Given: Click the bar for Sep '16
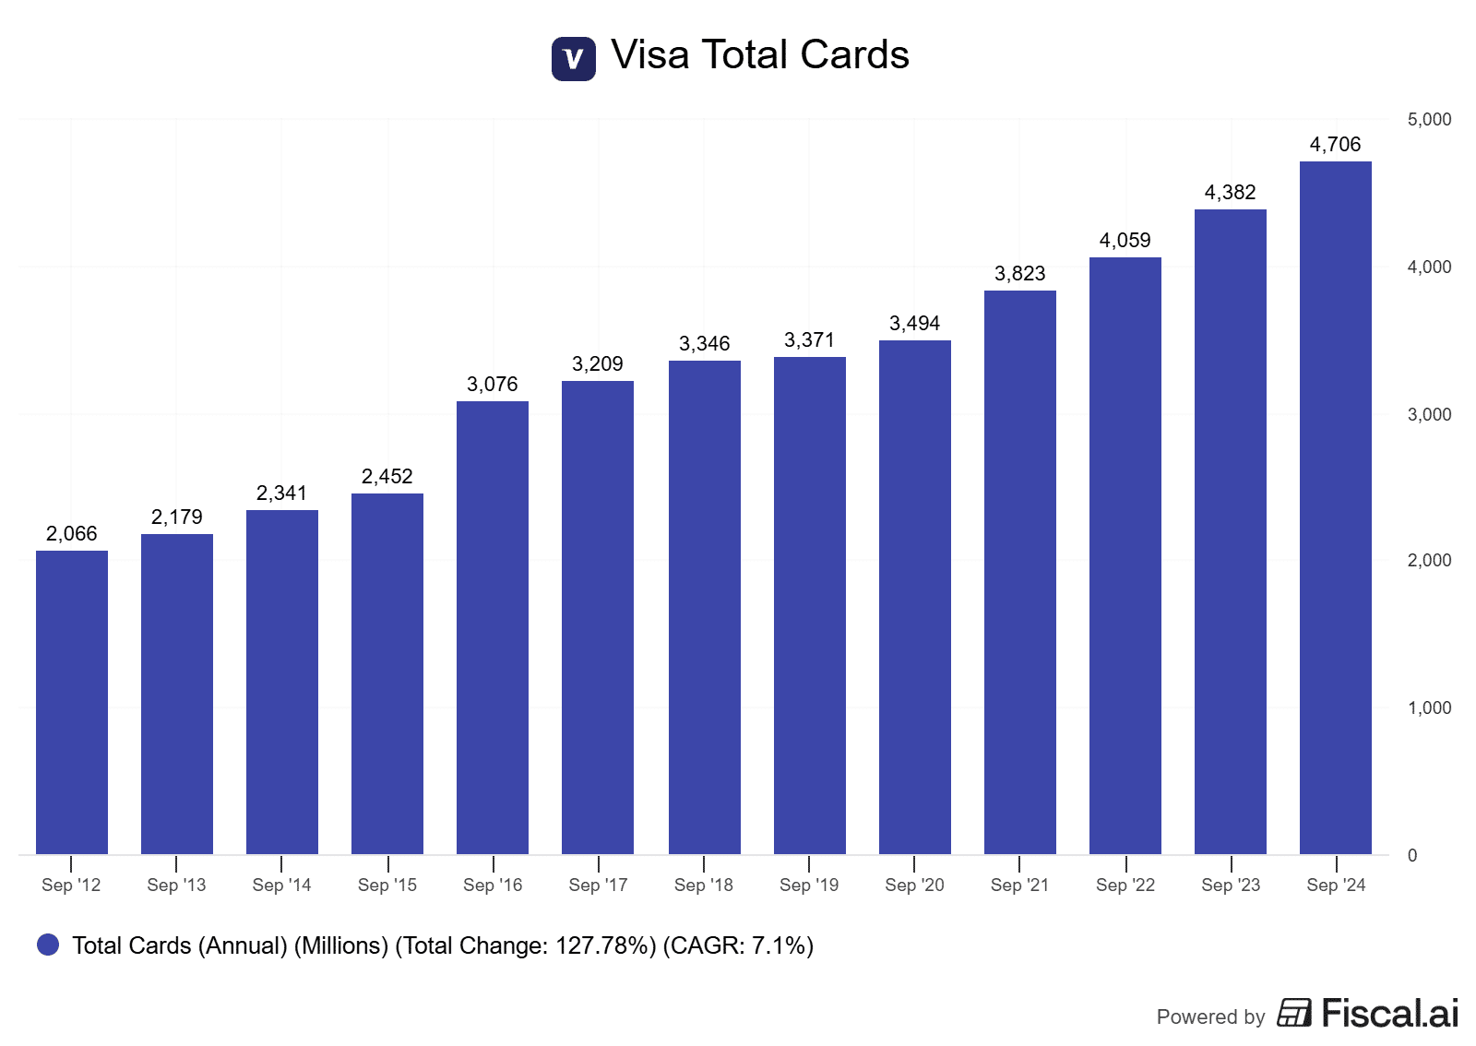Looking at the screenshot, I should pyautogui.click(x=493, y=627).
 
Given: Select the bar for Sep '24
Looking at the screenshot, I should pyautogui.click(x=1335, y=507).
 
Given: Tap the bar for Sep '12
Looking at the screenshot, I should pyautogui.click(x=72, y=702).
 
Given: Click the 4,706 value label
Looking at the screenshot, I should pyautogui.click(x=1335, y=144).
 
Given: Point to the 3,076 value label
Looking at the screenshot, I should pyautogui.click(x=493, y=384).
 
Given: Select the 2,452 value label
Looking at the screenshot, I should pyautogui.click(x=387, y=476).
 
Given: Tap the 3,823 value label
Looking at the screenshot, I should pyautogui.click(x=1019, y=273).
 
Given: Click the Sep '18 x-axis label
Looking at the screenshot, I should pyautogui.click(x=703, y=885).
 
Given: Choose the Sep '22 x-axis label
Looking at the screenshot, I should pyautogui.click(x=1125, y=885).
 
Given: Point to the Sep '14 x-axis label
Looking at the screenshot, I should pyautogui.click(x=281, y=885).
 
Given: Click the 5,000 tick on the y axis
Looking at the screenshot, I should pyautogui.click(x=1429, y=119).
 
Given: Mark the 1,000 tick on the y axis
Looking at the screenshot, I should pyautogui.click(x=1429, y=707).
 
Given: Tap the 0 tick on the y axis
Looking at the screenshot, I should pyautogui.click(x=1412, y=855).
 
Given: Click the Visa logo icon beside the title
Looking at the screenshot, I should pyautogui.click(x=573, y=58).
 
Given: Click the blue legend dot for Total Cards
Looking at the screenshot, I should pyautogui.click(x=48, y=945).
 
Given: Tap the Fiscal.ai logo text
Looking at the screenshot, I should pyautogui.click(x=1389, y=1013).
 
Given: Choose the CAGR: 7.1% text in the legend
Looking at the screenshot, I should pyautogui.click(x=738, y=945).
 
